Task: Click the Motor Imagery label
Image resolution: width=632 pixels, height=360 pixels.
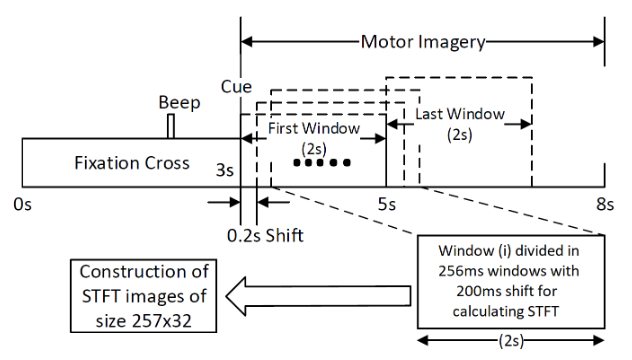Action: (x=423, y=42)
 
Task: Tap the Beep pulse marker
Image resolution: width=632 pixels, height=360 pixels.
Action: (x=171, y=127)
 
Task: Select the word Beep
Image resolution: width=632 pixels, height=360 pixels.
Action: (x=179, y=102)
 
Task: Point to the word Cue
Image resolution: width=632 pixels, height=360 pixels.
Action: (x=236, y=87)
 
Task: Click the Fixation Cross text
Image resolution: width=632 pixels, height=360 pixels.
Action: (x=132, y=163)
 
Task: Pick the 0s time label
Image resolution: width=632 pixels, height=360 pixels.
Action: (x=23, y=204)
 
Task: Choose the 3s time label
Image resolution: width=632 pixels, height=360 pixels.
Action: (x=225, y=170)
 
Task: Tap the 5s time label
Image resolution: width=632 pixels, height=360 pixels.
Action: (x=387, y=204)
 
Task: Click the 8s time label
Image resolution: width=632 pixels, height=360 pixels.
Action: (x=605, y=204)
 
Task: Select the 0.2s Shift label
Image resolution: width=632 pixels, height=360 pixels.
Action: (x=265, y=236)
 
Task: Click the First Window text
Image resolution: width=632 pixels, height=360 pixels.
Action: (x=314, y=128)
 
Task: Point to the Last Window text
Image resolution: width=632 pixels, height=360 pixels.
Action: (x=460, y=114)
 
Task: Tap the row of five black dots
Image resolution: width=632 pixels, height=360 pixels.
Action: (x=322, y=163)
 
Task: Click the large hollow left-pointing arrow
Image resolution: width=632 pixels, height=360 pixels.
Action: (x=318, y=296)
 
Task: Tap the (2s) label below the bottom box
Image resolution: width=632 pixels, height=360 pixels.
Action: (x=511, y=341)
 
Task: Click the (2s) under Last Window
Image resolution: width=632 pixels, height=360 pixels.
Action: (x=459, y=135)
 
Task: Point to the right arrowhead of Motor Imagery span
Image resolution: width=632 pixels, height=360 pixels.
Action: (x=599, y=42)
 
